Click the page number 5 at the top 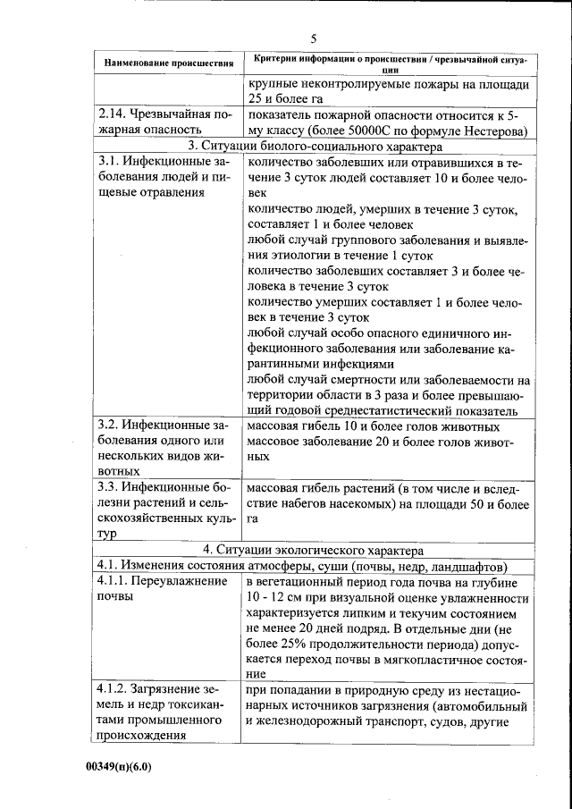coord(314,38)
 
